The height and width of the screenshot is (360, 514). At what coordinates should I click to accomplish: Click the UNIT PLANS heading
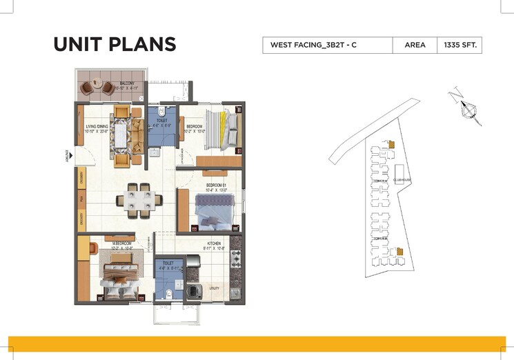click(x=115, y=45)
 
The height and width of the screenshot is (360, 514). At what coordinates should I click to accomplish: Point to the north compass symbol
click(x=470, y=108)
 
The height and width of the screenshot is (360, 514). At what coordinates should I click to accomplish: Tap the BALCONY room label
click(x=126, y=83)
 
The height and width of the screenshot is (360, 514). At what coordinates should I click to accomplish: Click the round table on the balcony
click(x=97, y=88)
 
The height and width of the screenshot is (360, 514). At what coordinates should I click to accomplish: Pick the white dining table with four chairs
click(x=140, y=199)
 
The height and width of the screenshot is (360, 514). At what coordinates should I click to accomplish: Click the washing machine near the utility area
click(x=194, y=292)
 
